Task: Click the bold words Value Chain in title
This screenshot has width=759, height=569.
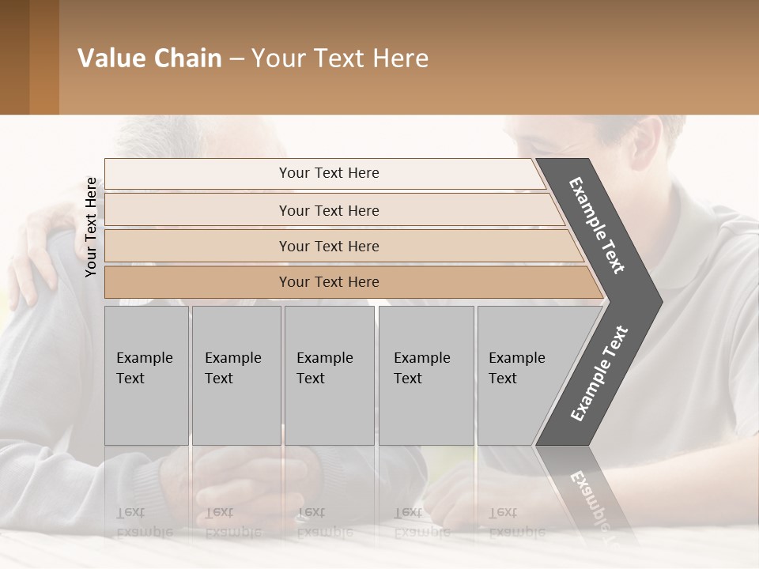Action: click(149, 58)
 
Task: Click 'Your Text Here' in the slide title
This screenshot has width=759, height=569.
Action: click(340, 58)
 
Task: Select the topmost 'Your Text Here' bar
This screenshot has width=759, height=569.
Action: click(329, 173)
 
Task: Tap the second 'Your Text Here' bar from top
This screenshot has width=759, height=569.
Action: click(329, 210)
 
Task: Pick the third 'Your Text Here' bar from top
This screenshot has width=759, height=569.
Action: click(329, 246)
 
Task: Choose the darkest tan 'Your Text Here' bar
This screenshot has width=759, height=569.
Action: click(329, 282)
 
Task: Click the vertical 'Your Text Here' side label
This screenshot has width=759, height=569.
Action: click(91, 227)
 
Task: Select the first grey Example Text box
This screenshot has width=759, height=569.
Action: click(146, 375)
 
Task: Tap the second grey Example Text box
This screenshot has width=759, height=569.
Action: click(236, 375)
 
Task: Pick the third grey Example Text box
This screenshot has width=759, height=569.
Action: click(328, 375)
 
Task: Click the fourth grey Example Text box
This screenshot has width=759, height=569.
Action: click(425, 375)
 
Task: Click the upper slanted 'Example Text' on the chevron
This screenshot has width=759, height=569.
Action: click(597, 225)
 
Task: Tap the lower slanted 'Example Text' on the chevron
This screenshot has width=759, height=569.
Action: click(599, 374)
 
